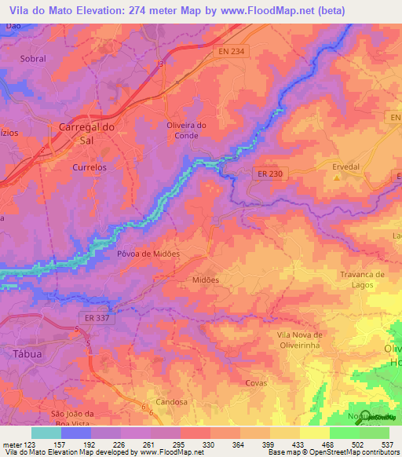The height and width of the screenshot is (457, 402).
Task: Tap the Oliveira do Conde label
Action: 186,130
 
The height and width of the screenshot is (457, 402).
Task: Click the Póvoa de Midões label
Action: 148,254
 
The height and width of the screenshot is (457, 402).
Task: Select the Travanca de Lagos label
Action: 362,280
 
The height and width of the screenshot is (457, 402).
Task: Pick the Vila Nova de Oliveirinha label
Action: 295,340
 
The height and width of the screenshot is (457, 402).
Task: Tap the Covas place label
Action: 256,382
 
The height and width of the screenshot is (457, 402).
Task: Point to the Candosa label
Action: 172,401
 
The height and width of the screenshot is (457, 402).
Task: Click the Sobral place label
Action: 32,59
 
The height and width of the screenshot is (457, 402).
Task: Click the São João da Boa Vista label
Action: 72,419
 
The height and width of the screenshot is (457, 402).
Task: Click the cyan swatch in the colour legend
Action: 46,433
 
